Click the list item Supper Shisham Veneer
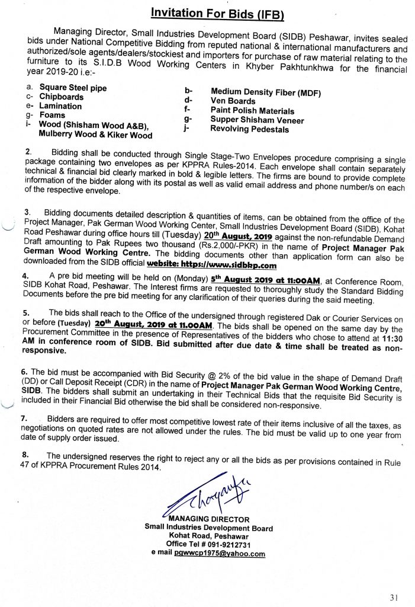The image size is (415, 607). pos(257,120)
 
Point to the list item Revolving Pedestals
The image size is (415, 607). pos(249,130)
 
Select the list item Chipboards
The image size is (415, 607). pos(62,97)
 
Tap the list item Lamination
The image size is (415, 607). pos(60,106)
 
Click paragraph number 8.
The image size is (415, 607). pos(24,455)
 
